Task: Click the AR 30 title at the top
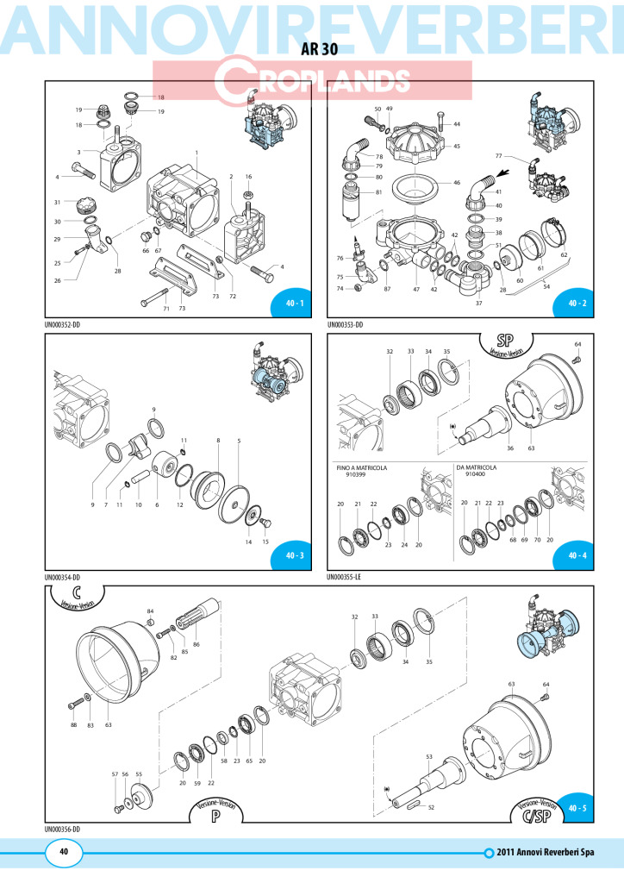pyautogui.click(x=320, y=49)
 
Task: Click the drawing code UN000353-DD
pyautogui.click(x=345, y=325)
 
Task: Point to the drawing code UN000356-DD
pyautogui.click(x=62, y=830)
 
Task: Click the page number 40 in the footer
pyautogui.click(x=64, y=851)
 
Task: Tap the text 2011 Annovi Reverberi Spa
pyautogui.click(x=546, y=853)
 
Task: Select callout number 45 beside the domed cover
pyautogui.click(x=457, y=147)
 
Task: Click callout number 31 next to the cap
pyautogui.click(x=58, y=203)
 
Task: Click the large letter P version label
pyautogui.click(x=215, y=816)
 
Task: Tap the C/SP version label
pyautogui.click(x=536, y=815)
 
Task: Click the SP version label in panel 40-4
pyautogui.click(x=506, y=341)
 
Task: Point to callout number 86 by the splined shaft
pyautogui.click(x=197, y=644)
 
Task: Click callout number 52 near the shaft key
pyautogui.click(x=431, y=807)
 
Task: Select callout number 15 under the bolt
pyautogui.click(x=265, y=542)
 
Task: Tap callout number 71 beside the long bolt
pyautogui.click(x=166, y=309)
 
